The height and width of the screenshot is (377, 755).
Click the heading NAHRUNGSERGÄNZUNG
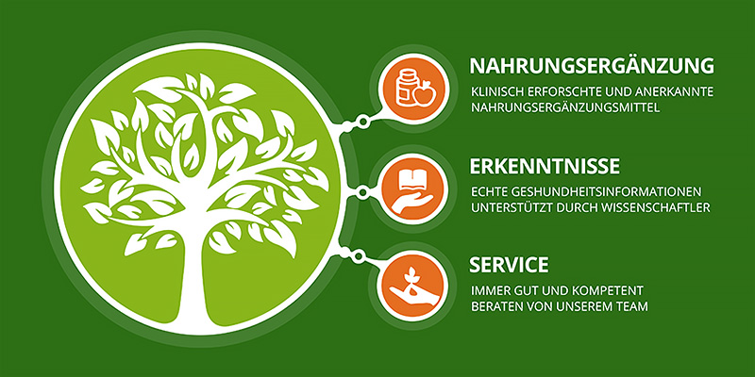[592, 66]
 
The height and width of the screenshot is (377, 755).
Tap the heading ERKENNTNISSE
[545, 167]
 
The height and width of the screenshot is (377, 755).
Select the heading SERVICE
[509, 265]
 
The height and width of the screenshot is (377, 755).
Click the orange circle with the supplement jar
[413, 88]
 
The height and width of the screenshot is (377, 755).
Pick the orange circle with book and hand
[412, 188]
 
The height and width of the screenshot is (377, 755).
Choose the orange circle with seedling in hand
[412, 287]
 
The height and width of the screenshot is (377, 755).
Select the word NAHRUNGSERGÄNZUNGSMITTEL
[565, 107]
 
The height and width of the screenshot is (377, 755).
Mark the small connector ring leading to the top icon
[362, 123]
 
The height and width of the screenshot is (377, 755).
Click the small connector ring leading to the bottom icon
[357, 256]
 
